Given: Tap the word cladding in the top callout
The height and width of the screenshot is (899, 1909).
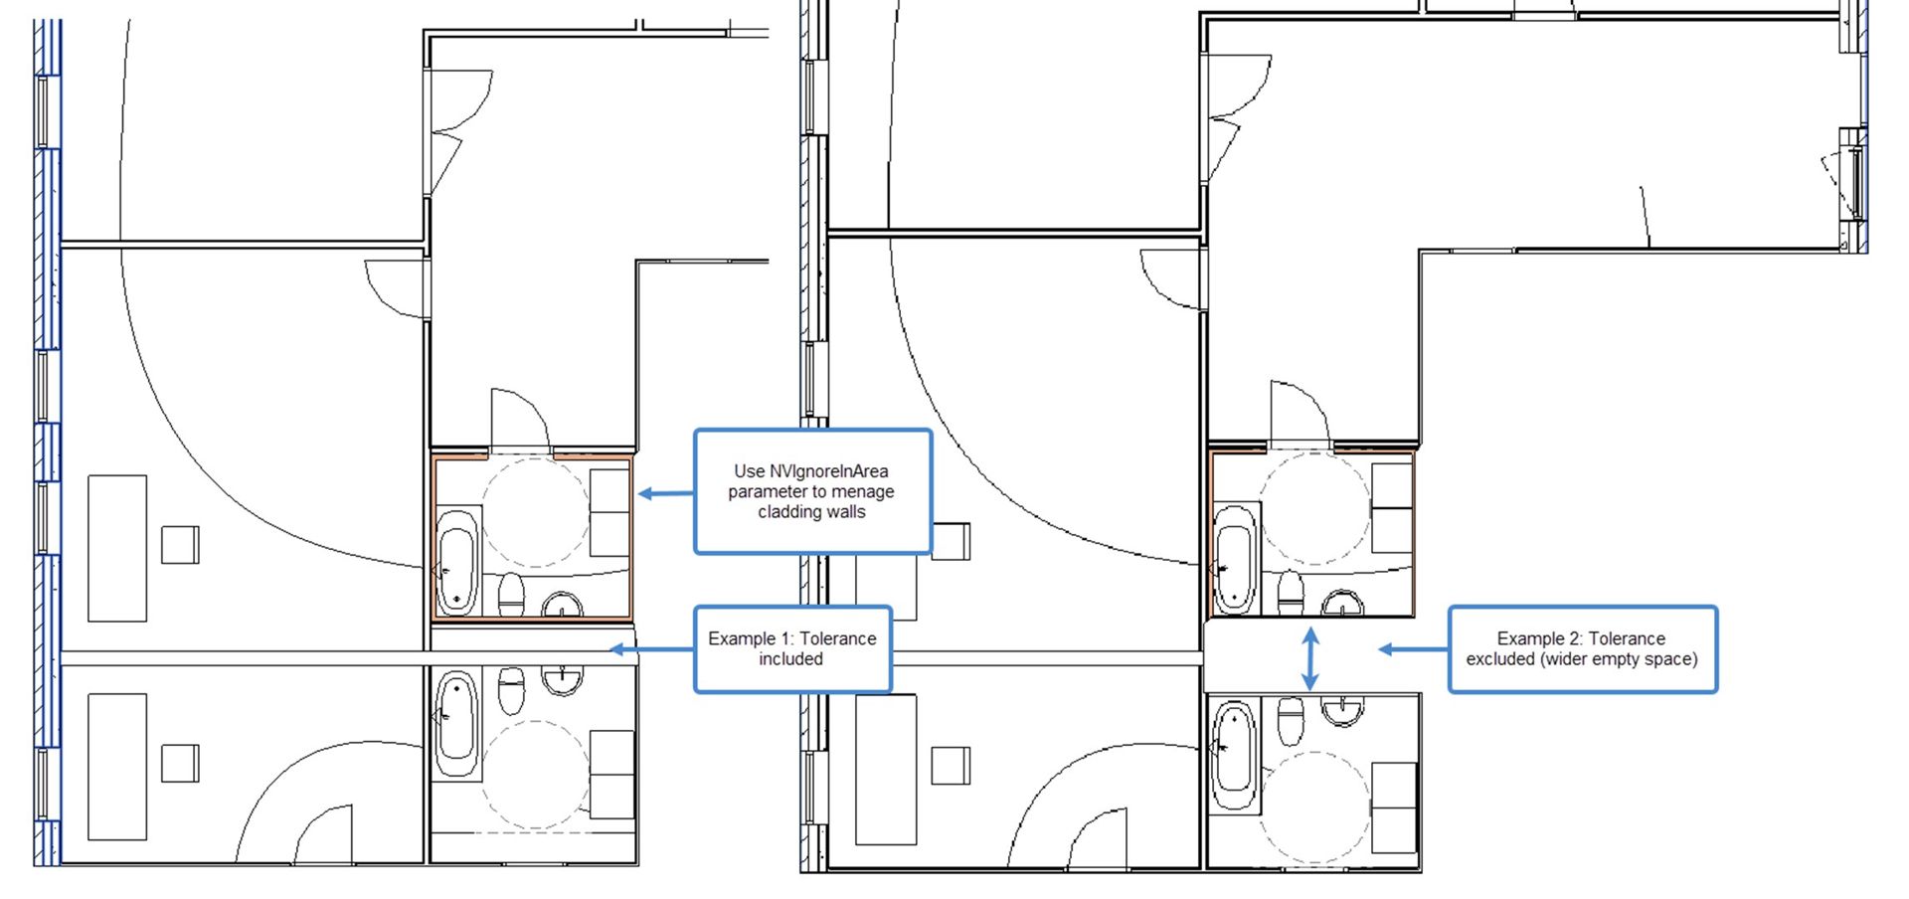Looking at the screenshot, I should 789,512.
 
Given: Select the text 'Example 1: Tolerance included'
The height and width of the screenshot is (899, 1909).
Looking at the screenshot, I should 791,648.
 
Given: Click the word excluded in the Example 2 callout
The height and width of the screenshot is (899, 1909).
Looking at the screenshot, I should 1499,658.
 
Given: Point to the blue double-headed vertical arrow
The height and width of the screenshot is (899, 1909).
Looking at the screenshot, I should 1310,658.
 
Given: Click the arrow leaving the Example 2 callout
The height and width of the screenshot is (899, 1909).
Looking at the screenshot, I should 1412,649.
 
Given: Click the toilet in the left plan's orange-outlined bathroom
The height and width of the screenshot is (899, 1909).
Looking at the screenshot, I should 511,594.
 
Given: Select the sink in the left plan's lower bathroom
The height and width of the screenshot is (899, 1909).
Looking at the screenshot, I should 564,679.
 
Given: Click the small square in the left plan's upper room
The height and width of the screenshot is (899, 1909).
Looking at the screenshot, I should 180,545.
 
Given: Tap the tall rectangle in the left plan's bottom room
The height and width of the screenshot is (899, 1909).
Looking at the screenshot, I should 117,767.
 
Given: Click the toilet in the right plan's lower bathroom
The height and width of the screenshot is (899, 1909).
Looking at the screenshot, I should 1291,719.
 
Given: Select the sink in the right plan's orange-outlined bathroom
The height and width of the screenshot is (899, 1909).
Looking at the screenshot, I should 1343,603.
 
